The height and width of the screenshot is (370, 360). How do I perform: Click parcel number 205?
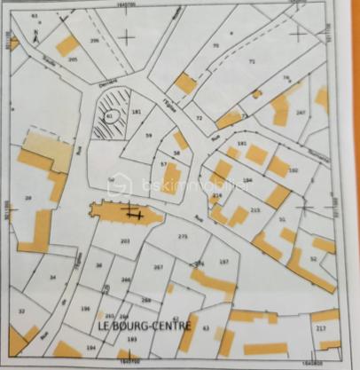click(72, 59)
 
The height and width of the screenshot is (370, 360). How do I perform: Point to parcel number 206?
click(94, 41)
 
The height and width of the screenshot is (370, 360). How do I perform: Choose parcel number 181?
click(136, 111)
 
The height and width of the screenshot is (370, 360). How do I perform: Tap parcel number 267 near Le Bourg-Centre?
click(159, 267)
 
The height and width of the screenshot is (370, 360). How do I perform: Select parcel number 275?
click(183, 237)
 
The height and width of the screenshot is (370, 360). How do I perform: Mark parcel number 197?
click(223, 262)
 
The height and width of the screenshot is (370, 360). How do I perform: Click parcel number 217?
click(320, 330)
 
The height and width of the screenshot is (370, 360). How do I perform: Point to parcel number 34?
click(53, 278)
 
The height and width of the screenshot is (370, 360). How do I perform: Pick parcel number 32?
click(21, 311)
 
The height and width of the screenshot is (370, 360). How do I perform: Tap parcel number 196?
click(85, 309)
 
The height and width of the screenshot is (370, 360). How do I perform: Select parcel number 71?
click(252, 61)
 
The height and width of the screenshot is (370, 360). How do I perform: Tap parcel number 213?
click(255, 209)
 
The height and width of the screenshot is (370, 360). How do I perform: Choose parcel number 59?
click(148, 135)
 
